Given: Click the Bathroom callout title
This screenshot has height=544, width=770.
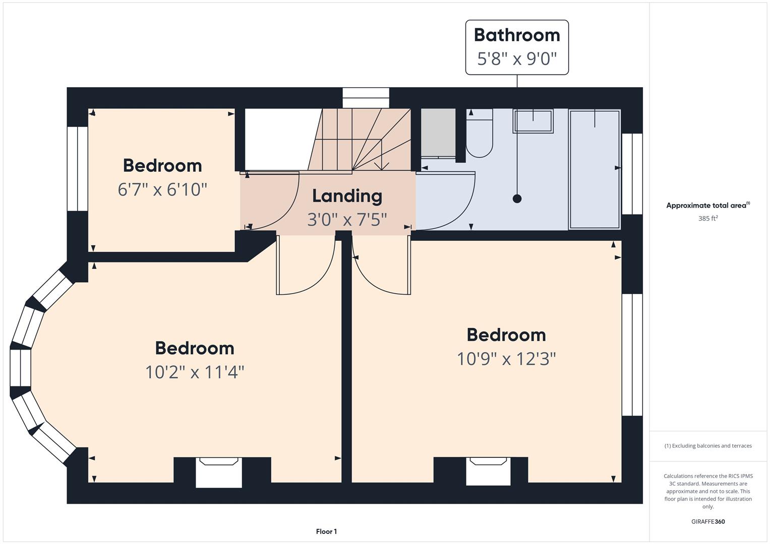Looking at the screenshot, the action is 517,35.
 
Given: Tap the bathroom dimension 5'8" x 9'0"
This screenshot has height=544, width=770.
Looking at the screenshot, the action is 517,59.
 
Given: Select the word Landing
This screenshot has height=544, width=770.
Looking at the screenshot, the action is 347,196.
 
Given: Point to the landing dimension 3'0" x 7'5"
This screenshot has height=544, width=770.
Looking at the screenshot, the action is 347,220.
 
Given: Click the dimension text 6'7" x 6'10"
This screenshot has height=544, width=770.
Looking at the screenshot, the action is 162,189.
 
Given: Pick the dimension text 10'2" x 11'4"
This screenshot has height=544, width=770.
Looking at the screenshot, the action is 195,372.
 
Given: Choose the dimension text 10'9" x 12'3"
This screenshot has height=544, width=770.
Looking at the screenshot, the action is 506,359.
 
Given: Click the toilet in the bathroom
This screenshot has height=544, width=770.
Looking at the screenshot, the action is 479,133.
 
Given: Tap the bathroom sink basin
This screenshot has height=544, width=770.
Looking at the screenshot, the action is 533,121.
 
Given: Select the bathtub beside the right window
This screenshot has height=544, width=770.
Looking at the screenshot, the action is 595,169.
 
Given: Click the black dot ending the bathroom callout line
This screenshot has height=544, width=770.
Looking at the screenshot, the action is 517,198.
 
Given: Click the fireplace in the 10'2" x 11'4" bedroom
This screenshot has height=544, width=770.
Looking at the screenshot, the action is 219,472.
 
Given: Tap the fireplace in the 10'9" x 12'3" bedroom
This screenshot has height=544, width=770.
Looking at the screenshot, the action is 488,471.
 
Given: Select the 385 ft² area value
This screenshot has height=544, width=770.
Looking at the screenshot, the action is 708,219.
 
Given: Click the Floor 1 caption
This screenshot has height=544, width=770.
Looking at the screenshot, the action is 326,531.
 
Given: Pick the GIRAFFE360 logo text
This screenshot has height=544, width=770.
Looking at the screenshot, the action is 708,522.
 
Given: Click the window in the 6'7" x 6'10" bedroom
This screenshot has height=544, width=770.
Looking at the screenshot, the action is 77,169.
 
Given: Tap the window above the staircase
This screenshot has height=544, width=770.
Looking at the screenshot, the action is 366,98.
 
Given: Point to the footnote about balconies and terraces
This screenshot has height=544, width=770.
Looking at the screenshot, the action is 708,446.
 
